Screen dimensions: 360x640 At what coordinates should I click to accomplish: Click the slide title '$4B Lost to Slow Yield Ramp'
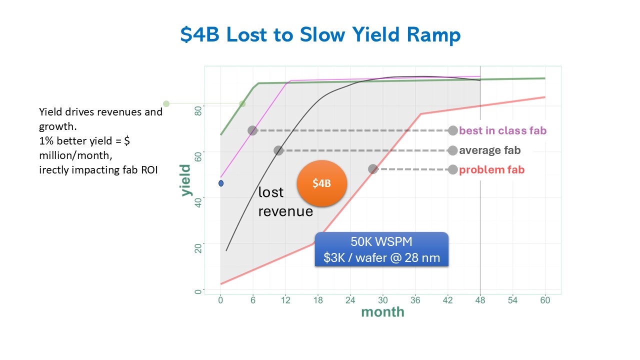[320, 35]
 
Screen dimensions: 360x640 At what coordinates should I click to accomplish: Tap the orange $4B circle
[321, 183]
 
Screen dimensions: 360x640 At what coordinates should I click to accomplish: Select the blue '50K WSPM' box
[381, 249]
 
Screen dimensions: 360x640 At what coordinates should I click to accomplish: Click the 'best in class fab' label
[502, 130]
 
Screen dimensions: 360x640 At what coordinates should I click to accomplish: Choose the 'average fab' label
[489, 150]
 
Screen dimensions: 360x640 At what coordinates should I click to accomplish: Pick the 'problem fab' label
[491, 169]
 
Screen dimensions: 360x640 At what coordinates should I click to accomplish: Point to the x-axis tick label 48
[480, 300]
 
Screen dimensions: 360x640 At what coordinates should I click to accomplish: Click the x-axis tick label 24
[350, 300]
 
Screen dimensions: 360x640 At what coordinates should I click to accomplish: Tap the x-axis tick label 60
[545, 300]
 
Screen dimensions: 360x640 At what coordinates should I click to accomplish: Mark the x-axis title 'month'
[382, 312]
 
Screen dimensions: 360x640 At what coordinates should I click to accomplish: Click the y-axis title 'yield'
[185, 180]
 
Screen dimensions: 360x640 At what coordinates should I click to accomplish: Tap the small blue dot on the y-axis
[220, 183]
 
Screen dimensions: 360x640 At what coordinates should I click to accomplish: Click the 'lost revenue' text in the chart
[285, 202]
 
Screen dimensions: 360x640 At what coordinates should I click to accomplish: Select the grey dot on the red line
[373, 169]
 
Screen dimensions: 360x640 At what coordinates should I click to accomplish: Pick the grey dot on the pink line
[252, 130]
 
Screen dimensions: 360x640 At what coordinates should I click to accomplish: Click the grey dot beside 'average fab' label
[452, 150]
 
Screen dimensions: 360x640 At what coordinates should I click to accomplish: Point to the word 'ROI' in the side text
[148, 170]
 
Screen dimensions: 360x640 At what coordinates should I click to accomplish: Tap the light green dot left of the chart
[166, 103]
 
